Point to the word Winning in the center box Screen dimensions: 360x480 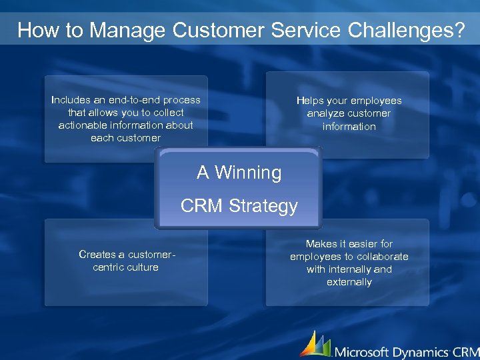[248, 173]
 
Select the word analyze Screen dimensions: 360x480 [326, 113]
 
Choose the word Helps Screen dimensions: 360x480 [310, 101]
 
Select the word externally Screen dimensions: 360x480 [349, 282]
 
